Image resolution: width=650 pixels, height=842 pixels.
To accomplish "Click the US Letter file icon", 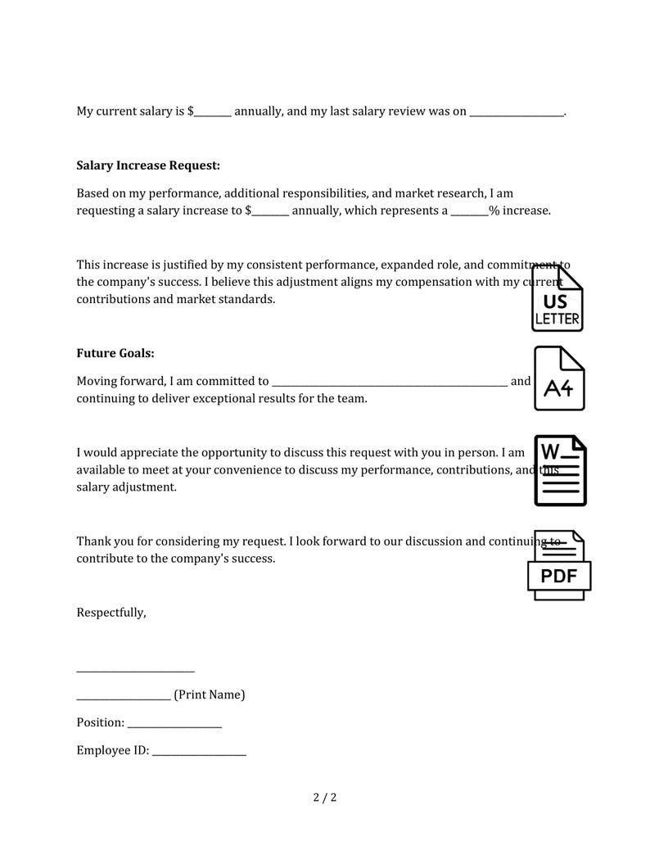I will pyautogui.click(x=557, y=298).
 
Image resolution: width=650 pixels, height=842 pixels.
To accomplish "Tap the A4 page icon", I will pyautogui.click(x=559, y=378).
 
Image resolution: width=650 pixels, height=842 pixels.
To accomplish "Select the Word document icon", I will pyautogui.click(x=560, y=470).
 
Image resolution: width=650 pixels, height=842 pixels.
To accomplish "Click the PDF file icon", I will pyautogui.click(x=558, y=566).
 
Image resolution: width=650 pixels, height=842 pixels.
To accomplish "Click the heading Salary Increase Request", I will pyautogui.click(x=148, y=165).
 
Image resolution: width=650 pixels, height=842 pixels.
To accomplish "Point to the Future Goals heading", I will pyautogui.click(x=115, y=354).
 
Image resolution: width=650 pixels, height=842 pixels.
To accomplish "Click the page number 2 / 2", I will pyautogui.click(x=325, y=797).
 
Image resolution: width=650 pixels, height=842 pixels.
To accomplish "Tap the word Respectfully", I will pyautogui.click(x=111, y=613).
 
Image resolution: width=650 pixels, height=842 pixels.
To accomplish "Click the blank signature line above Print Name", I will pyautogui.click(x=135, y=669).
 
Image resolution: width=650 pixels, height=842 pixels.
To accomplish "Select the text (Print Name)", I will pyautogui.click(x=209, y=695).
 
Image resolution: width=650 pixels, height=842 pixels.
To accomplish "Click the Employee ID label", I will pyautogui.click(x=112, y=750).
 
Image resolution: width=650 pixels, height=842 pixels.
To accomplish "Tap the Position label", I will pyautogui.click(x=100, y=723).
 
